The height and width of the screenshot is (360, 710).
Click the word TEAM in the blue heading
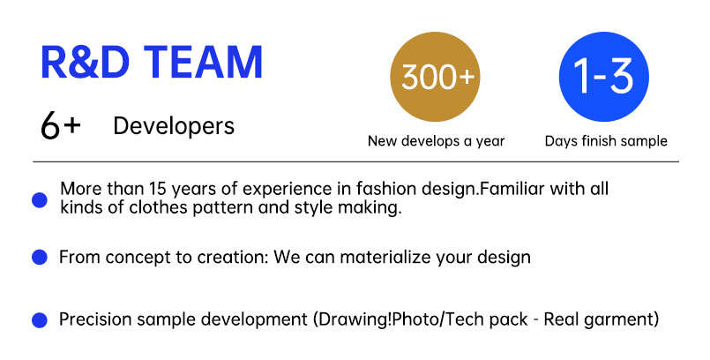pos(204,63)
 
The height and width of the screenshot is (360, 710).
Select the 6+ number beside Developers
pos(60,126)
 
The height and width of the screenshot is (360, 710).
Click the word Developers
pos(174,126)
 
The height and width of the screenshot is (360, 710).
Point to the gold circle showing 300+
pos(435,77)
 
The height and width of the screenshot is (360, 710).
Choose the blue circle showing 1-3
pos(604,77)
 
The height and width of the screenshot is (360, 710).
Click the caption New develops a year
pos(436,141)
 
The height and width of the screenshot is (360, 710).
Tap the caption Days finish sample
pos(606,141)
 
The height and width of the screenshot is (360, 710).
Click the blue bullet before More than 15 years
pos(40,200)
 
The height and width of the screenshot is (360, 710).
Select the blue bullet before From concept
pos(40,258)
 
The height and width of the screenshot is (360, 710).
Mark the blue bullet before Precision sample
pos(40,320)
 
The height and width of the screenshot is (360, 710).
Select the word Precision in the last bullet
pos(94,319)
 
